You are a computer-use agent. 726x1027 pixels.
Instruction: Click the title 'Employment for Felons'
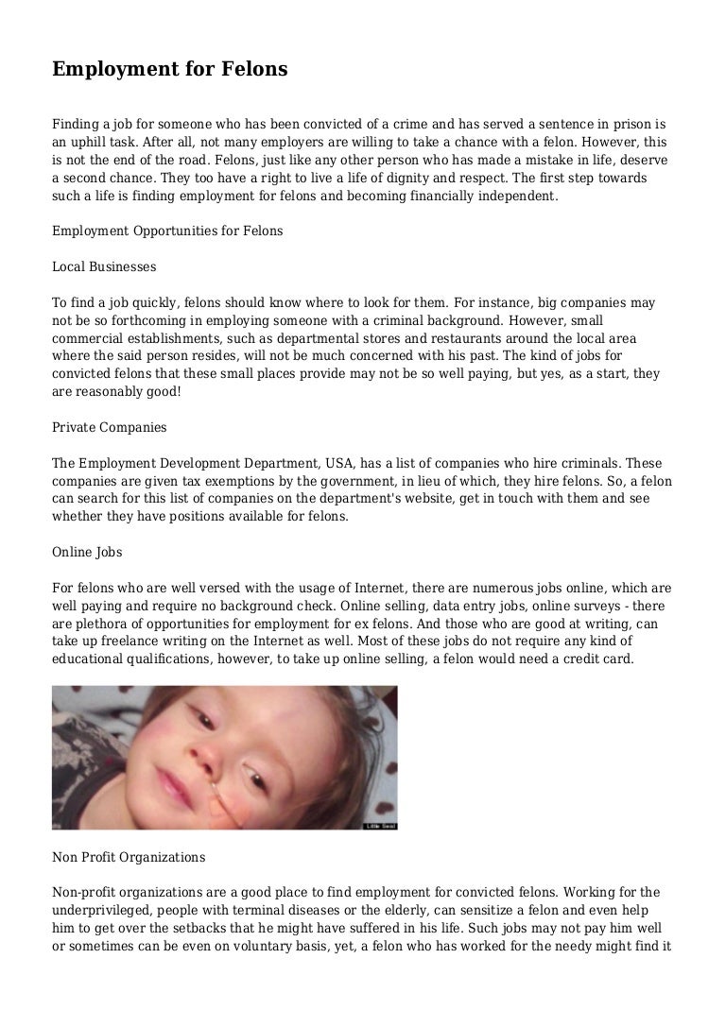pos(170,69)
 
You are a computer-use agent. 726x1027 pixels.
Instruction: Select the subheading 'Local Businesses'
pos(104,267)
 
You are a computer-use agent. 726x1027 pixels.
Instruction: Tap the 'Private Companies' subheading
pos(110,428)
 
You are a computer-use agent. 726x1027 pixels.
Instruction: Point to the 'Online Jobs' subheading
pos(87,552)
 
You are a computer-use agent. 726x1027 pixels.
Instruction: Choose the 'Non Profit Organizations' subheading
pos(129,858)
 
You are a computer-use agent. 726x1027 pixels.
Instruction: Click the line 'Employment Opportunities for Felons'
pos(167,231)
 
